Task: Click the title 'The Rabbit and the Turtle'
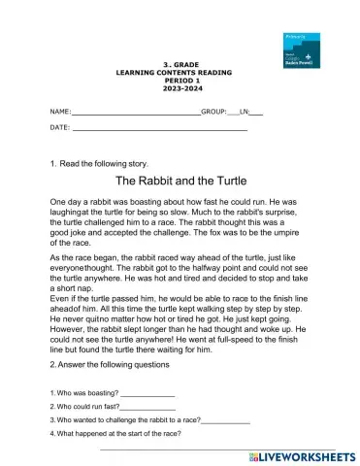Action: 180,181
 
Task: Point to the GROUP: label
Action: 213,113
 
